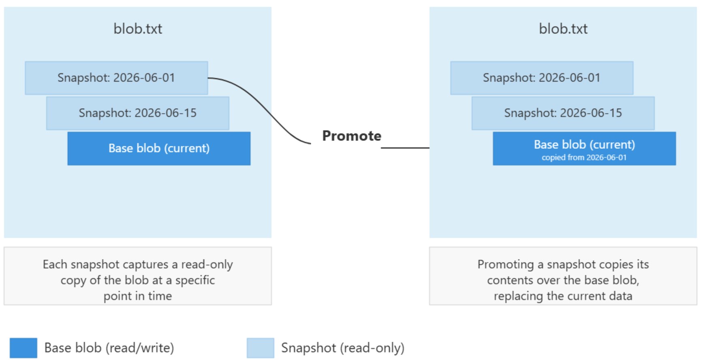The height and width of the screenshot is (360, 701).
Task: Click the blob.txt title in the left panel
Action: point(138,29)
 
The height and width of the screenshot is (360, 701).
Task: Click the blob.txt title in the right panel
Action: point(563,29)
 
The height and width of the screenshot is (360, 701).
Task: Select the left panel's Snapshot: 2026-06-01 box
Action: point(116,78)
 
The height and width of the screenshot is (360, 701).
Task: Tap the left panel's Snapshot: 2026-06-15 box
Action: point(138,113)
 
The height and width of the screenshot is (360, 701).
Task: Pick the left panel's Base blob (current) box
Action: point(159,148)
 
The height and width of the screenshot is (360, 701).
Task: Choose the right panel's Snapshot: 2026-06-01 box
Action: point(542,78)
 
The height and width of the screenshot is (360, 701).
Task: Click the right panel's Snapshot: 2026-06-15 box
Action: point(563,113)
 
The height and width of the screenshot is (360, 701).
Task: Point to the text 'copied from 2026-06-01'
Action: point(584,157)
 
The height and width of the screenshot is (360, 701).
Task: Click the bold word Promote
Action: point(352,136)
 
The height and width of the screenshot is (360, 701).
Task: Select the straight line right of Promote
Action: point(405,148)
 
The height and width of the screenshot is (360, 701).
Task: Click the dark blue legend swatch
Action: point(24,348)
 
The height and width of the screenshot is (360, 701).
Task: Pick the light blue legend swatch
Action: point(261,348)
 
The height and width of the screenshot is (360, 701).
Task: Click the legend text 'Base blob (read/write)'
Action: point(109,348)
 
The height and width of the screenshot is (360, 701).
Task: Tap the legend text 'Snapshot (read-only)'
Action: point(343,348)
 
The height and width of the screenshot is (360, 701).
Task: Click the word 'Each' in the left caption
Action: point(55,264)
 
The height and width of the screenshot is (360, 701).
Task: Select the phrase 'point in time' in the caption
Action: point(138,296)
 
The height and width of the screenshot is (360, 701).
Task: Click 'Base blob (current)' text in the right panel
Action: point(584,145)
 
